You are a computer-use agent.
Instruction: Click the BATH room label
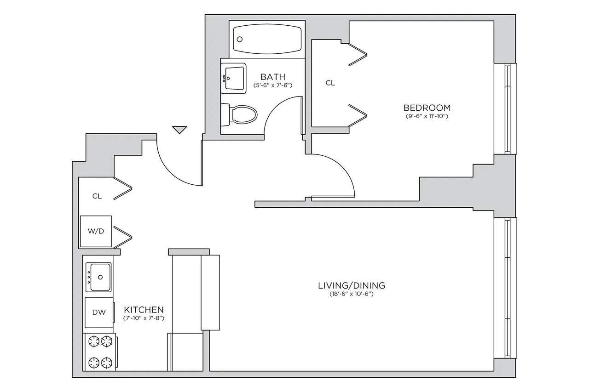pos(273,77)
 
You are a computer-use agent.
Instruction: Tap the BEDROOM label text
pos(427,108)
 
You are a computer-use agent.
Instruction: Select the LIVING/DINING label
pos(352,285)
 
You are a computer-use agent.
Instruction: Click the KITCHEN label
pos(144,310)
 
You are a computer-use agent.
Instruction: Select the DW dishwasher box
pos(98,312)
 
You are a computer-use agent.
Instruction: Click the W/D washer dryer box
pos(96,231)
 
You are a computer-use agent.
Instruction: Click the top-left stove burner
pos(94,341)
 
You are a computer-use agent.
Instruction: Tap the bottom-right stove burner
pos(107,362)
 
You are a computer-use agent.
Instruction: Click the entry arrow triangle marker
pos(179,130)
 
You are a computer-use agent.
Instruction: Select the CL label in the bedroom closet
pos(330,83)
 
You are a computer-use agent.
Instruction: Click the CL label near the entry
pos(97,196)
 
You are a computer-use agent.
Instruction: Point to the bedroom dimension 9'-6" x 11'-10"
pos(427,116)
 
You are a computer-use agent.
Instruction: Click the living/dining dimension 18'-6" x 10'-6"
pos(352,294)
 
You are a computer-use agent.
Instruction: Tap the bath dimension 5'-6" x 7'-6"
pos(273,85)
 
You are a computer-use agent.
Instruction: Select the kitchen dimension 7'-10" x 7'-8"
pos(144,318)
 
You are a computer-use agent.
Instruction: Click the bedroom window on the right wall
pos(507,108)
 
